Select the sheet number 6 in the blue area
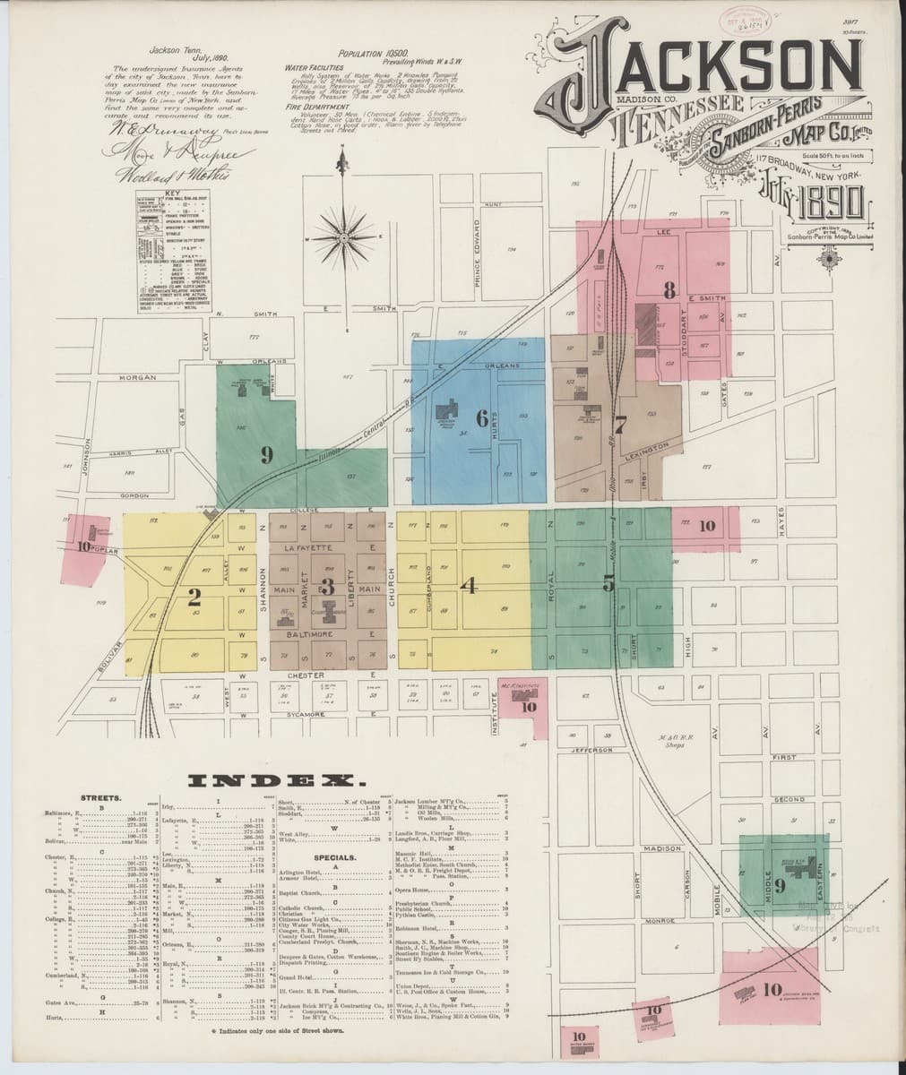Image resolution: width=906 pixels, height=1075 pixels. click(481, 418)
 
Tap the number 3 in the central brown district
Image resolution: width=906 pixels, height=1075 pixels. click(327, 588)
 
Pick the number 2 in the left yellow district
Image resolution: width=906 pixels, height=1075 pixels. click(193, 594)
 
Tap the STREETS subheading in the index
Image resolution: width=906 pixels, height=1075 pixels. click(95, 795)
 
